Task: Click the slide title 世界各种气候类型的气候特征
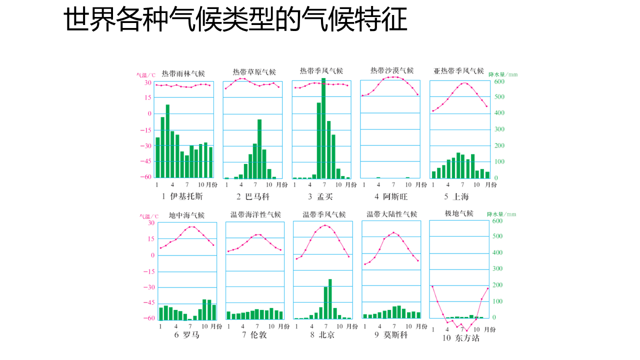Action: [x=235, y=20]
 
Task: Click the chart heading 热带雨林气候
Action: [x=183, y=73]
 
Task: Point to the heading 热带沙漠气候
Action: [x=392, y=70]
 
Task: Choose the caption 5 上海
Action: [x=456, y=196]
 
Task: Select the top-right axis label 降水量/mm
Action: [x=502, y=74]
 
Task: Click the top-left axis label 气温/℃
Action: [x=146, y=75]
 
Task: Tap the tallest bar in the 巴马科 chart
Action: [x=259, y=148]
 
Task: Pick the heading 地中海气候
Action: [x=186, y=215]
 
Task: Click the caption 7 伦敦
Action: [x=254, y=334]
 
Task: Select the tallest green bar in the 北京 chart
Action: [x=330, y=298]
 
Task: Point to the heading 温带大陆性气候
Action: [x=392, y=214]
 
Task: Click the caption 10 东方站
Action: [x=460, y=338]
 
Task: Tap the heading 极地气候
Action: [x=459, y=213]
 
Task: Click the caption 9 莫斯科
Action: [x=391, y=334]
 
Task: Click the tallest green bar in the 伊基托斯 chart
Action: [x=167, y=141]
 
